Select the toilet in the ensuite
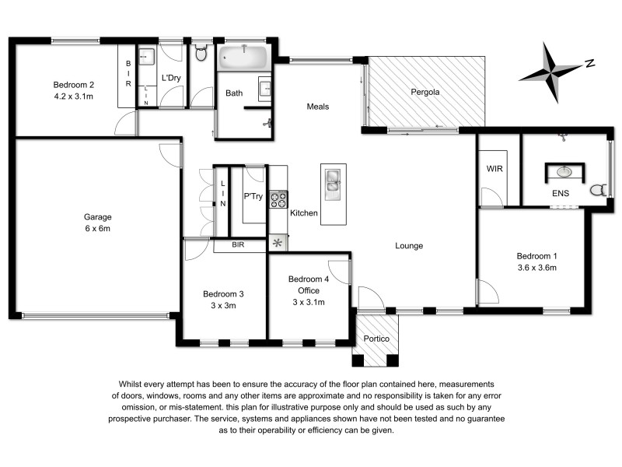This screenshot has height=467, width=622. tap(599, 189)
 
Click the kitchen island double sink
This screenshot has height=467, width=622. tap(332, 181)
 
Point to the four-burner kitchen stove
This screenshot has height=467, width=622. tap(278, 199)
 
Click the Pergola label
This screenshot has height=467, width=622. tap(425, 92)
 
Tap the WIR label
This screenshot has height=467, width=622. tap(495, 167)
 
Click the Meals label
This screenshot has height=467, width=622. tap(319, 107)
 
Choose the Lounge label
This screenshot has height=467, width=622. tap(408, 246)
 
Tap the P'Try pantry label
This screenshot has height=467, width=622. tap(253, 196)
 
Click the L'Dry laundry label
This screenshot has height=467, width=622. tap(171, 78)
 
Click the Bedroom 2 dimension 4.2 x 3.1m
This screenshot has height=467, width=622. tap(74, 97)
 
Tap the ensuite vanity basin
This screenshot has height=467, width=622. tap(566, 171)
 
